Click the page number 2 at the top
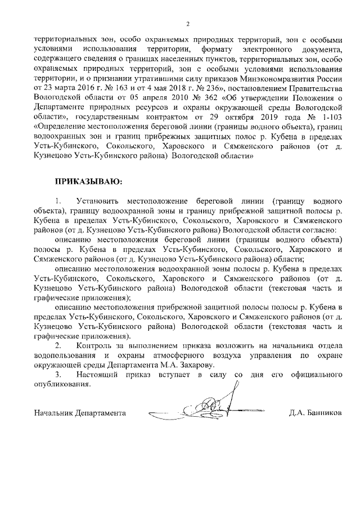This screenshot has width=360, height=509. (x=188, y=23)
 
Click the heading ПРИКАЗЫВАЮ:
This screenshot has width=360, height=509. (x=87, y=182)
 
